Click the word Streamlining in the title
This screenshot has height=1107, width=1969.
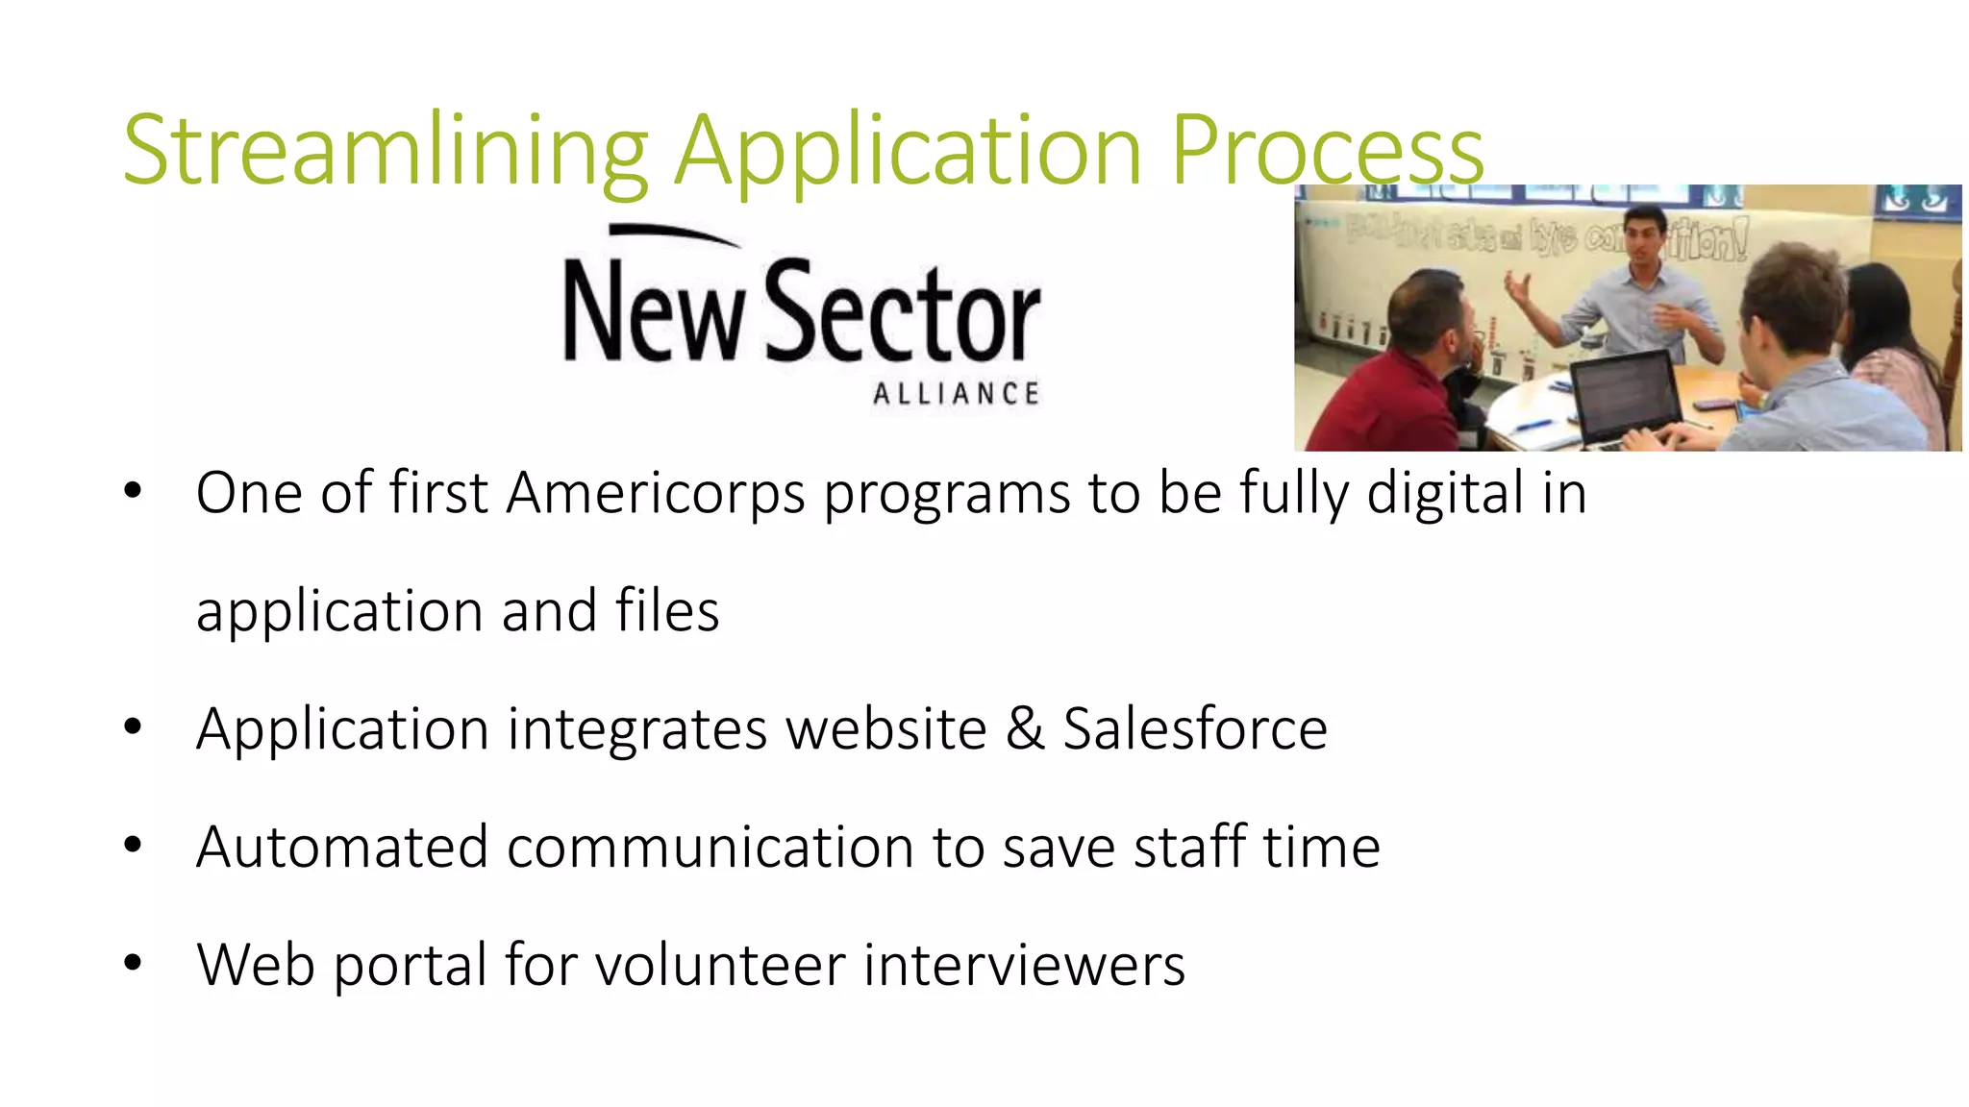pos(385,151)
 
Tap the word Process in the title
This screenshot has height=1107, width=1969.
pos(1327,151)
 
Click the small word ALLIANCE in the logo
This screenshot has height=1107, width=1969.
pos(956,394)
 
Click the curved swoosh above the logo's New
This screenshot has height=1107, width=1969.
pos(673,234)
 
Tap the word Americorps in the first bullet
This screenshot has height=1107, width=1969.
pos(655,493)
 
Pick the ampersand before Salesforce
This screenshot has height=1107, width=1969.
pos(1025,728)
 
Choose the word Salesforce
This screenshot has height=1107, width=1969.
pos(1195,728)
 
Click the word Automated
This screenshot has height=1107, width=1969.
pos(341,847)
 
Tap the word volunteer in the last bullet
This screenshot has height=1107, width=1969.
pos(720,965)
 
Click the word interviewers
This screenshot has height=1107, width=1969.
pos(1024,965)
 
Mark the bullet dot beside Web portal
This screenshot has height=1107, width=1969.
pos(133,962)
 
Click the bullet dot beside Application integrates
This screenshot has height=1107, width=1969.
pos(133,726)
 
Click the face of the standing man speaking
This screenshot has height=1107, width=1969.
pos(1644,234)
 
